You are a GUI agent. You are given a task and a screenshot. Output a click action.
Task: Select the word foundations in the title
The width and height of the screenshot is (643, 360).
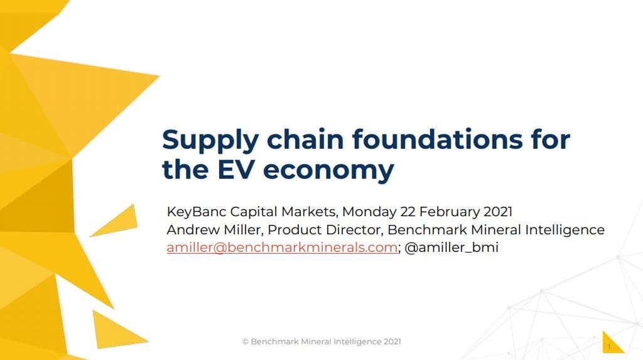point(438,139)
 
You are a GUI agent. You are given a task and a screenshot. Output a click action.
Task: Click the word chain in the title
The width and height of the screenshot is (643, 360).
point(305,139)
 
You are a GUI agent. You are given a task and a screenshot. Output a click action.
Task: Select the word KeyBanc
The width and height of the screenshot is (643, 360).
point(197,212)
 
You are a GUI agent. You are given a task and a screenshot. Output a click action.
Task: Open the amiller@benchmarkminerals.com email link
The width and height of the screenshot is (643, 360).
point(282,248)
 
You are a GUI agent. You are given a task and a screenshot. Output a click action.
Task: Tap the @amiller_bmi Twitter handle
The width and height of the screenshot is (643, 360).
point(451,248)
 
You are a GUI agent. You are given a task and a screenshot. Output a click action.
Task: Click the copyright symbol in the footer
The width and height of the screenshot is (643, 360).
point(246,342)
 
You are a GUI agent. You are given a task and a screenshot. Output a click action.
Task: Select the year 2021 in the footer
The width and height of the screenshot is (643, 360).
point(392,342)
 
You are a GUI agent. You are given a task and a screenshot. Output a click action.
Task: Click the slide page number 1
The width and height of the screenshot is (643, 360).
point(609,347)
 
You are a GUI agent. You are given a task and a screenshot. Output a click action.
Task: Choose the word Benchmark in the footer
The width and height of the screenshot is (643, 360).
point(274,342)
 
